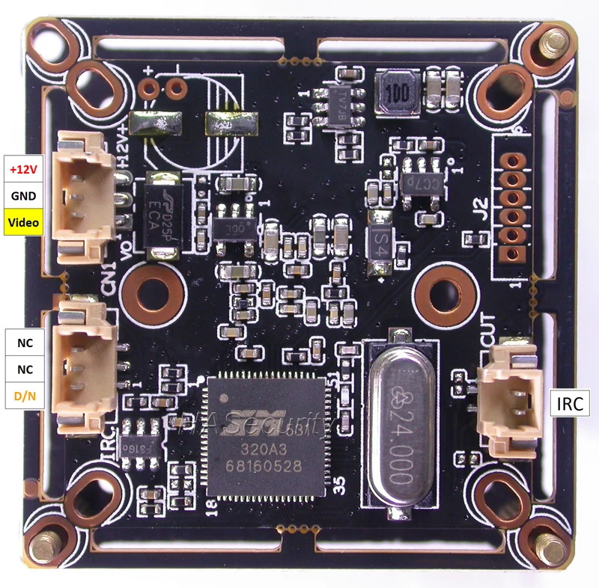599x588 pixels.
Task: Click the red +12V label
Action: point(22,169)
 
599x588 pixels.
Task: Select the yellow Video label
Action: point(22,222)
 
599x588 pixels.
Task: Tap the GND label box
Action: point(22,196)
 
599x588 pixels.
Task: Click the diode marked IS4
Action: point(380,242)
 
